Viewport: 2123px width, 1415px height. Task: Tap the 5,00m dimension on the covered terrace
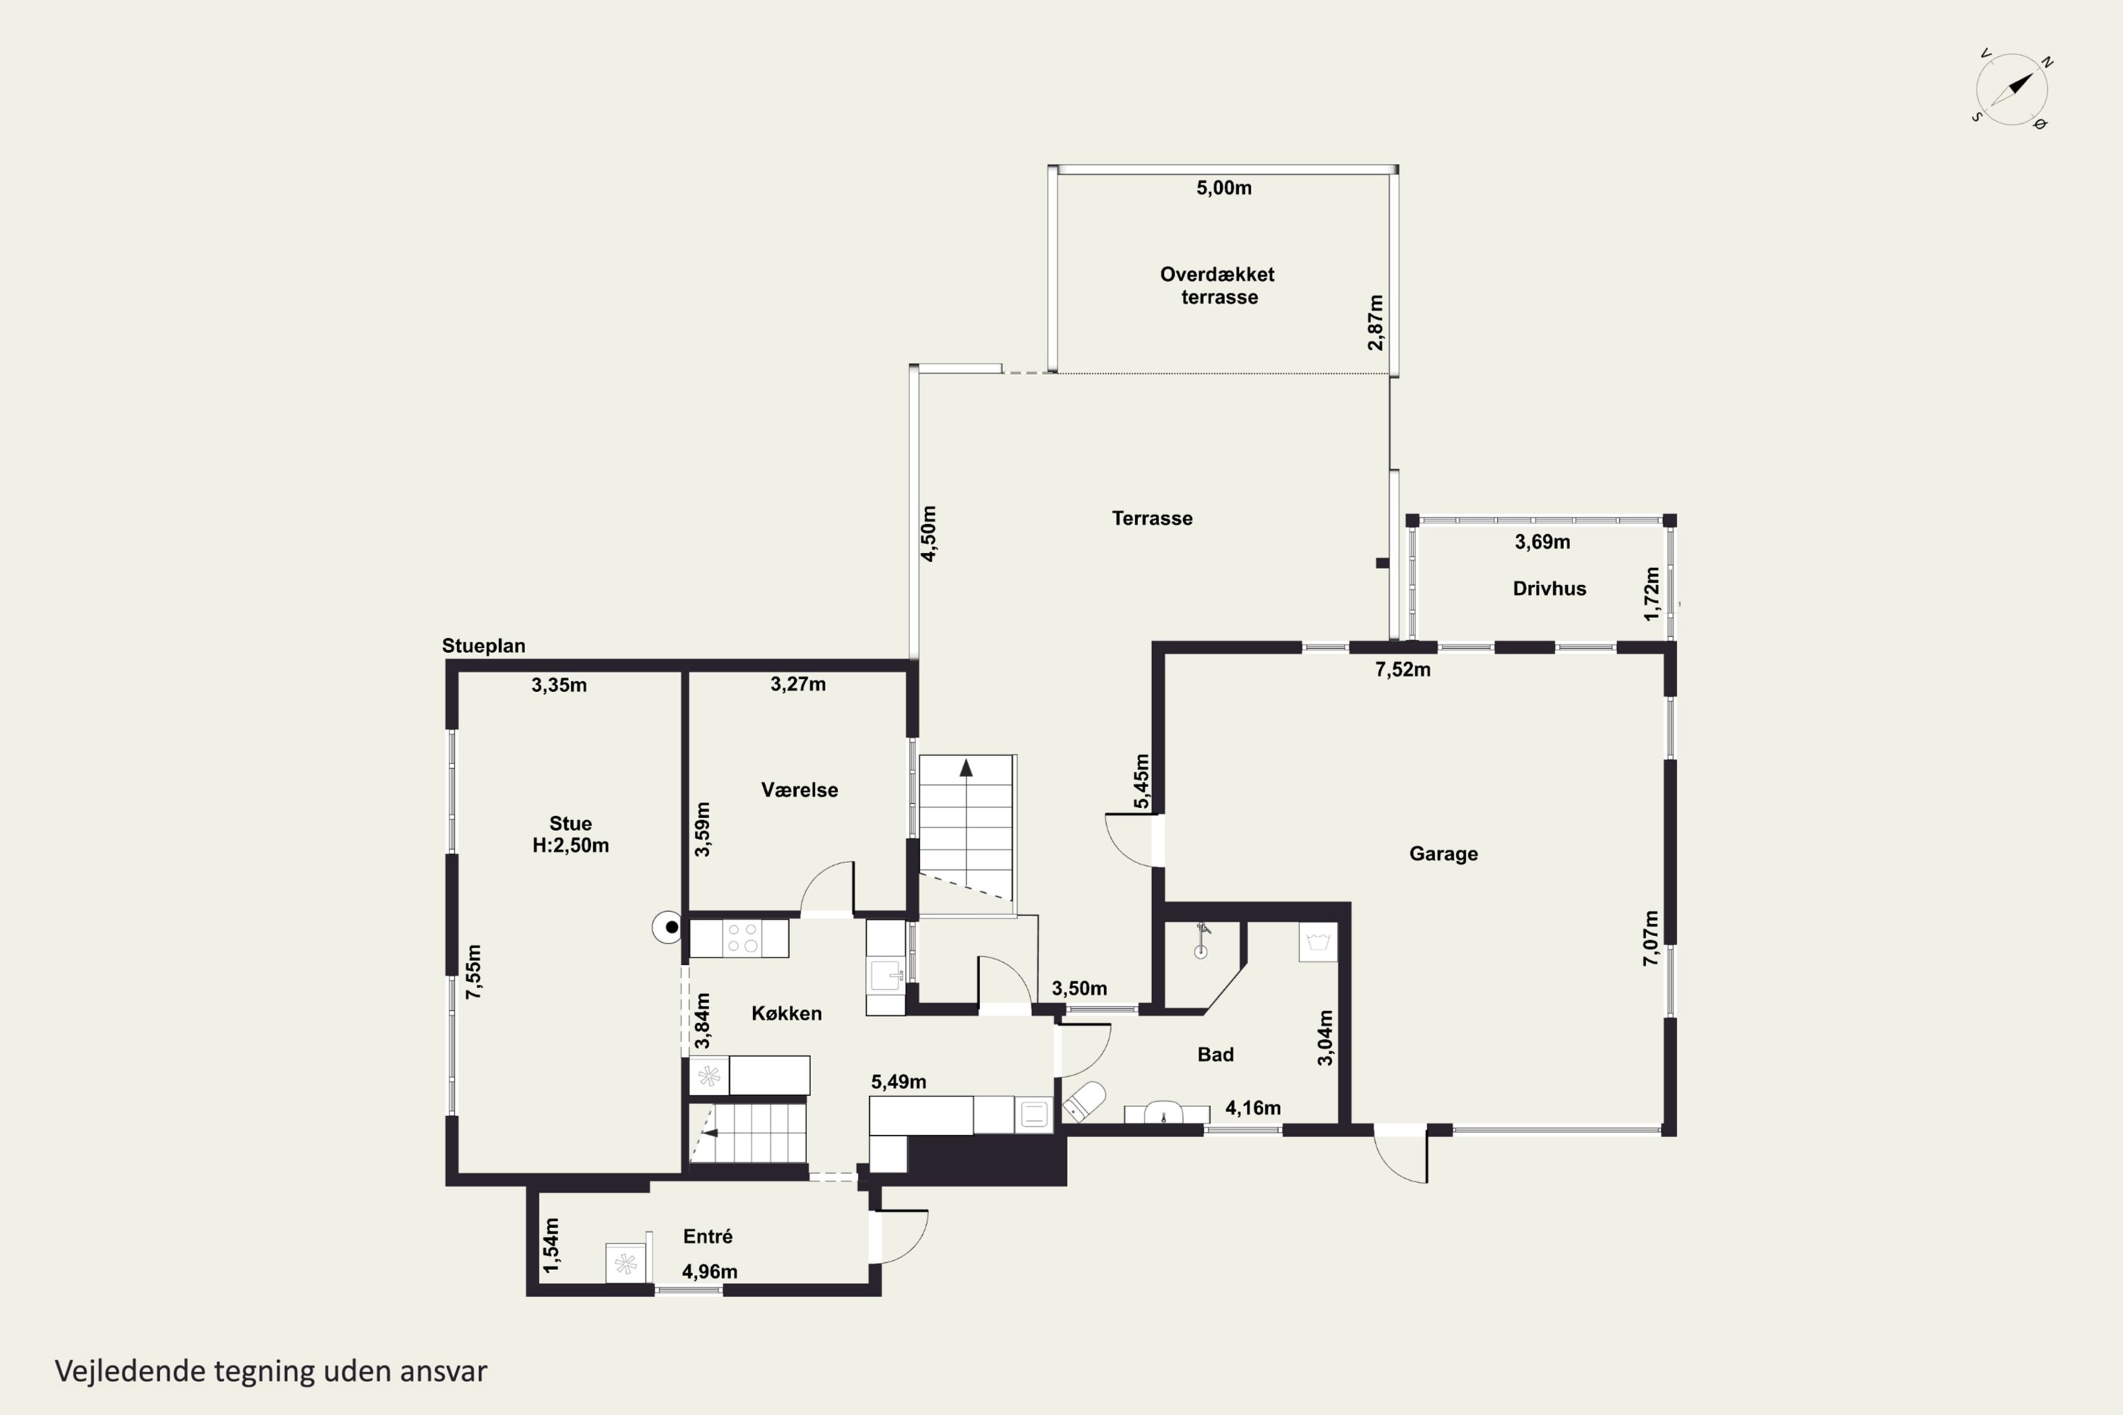(x=1224, y=187)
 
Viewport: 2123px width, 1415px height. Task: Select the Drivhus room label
(x=1549, y=589)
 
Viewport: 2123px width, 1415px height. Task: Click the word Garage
(x=1444, y=854)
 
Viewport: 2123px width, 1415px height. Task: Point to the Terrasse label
(x=1152, y=518)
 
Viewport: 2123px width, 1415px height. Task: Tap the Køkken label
(x=786, y=1013)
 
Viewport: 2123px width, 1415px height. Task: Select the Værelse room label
(x=799, y=790)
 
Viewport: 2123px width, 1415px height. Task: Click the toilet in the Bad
(x=1083, y=1102)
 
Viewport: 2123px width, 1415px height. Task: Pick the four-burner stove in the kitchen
(x=742, y=939)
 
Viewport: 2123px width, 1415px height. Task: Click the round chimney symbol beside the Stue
(x=669, y=927)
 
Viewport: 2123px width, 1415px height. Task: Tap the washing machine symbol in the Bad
(x=1318, y=942)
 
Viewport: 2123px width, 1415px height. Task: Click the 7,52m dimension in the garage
(x=1403, y=669)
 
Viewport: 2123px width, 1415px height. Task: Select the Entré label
(x=708, y=1236)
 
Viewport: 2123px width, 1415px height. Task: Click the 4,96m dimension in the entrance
(x=710, y=1271)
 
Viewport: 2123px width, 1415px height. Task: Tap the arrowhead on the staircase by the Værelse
(x=966, y=768)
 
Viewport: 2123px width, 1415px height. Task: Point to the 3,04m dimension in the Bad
(x=1325, y=1038)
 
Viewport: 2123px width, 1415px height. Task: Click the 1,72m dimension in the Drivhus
(x=1652, y=594)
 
